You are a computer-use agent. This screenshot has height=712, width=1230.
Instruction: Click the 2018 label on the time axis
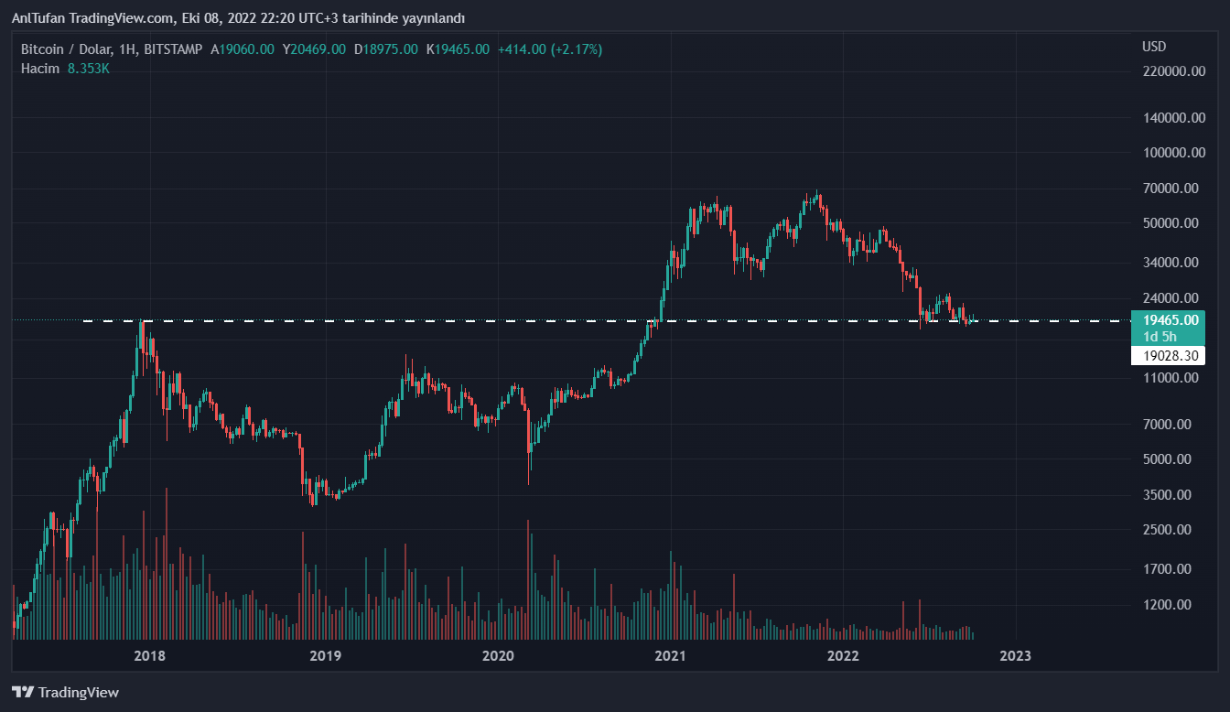click(x=149, y=655)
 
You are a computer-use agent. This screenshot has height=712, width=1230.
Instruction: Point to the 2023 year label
click(x=1015, y=655)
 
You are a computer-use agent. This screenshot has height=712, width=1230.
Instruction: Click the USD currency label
click(x=1154, y=47)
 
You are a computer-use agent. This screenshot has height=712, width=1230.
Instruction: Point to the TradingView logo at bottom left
click(x=65, y=693)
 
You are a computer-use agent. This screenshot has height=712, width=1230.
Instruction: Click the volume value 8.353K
click(x=88, y=69)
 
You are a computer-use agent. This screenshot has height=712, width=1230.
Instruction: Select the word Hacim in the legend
click(x=40, y=69)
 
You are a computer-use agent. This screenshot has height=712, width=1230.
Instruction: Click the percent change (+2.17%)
click(x=577, y=49)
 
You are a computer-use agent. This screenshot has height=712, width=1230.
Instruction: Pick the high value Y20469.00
click(x=314, y=49)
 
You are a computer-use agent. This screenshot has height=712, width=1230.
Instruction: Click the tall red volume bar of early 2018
click(x=167, y=563)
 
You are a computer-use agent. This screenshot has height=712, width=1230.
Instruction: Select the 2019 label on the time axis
click(x=325, y=655)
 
